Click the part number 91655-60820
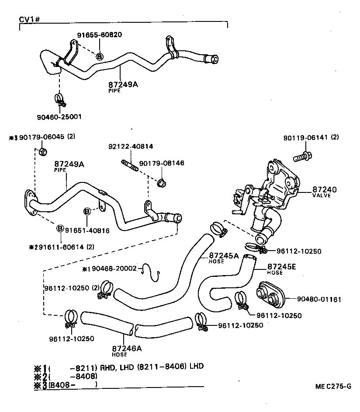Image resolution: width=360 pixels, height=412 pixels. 100,35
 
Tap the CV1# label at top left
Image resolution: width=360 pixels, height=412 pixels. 30,20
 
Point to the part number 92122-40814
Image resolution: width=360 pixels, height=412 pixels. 131,146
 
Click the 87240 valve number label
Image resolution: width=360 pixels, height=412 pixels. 324,189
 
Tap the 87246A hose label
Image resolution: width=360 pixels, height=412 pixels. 127,348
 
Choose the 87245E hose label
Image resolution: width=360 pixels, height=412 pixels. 281,266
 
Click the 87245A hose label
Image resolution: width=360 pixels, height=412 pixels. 224,255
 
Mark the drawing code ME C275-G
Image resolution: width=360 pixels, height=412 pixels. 333,387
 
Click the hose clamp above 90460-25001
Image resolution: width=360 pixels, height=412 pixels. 60,100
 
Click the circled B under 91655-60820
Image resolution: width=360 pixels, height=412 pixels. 100,56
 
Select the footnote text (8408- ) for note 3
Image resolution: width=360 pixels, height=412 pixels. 72,385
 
